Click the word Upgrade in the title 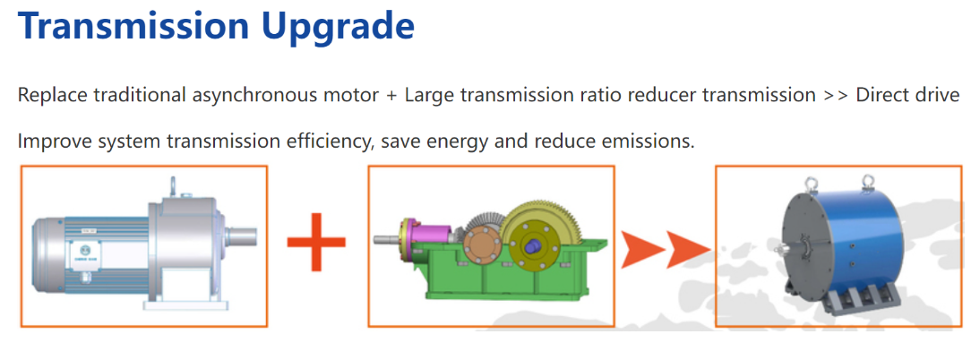(x=332, y=27)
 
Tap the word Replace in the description (x=51, y=96)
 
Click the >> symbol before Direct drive (x=836, y=96)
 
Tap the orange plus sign (x=316, y=242)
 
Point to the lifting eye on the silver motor (x=174, y=186)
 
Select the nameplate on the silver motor (x=82, y=253)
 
